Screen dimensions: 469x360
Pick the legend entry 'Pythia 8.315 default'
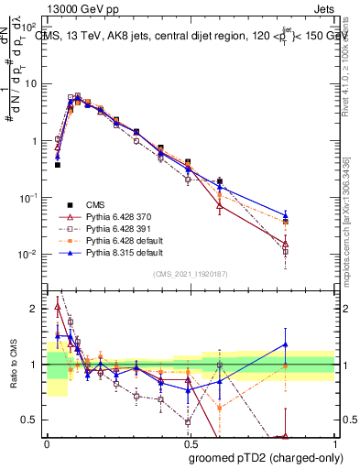[x=117, y=254]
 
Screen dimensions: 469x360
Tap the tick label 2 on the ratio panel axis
[x=35, y=309]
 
